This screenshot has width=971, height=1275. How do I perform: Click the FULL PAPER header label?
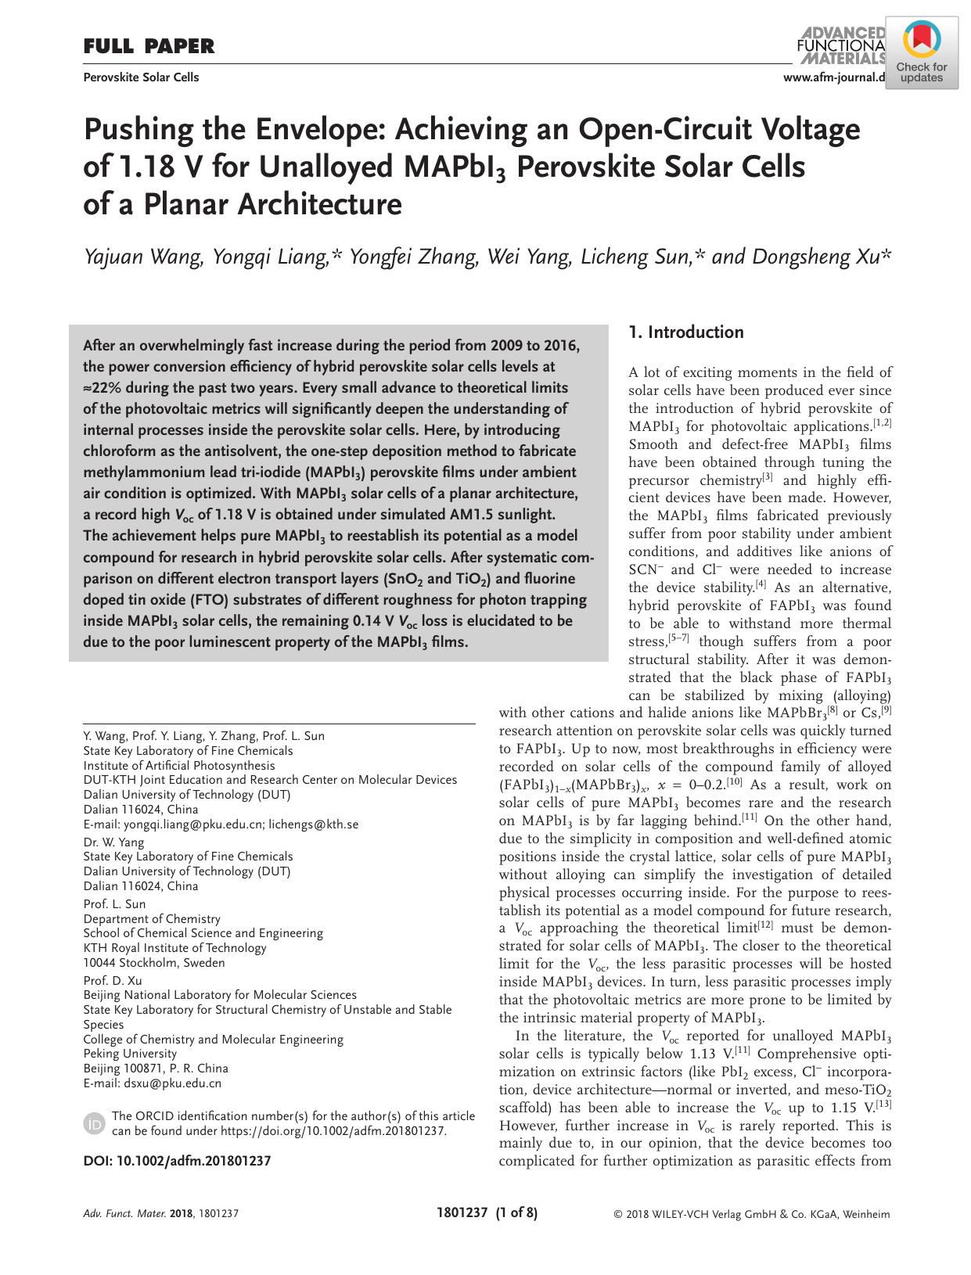click(149, 47)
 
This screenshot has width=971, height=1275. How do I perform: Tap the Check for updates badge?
click(921, 54)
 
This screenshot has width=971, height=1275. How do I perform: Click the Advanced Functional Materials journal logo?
click(840, 45)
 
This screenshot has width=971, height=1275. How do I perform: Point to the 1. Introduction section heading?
click(686, 332)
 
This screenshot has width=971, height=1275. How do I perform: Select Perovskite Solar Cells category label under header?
click(141, 77)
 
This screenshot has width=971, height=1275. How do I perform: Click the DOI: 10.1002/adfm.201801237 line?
click(177, 1161)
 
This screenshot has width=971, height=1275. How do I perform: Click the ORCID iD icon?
click(93, 1124)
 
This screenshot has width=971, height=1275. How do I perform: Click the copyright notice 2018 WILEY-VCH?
click(752, 1215)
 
